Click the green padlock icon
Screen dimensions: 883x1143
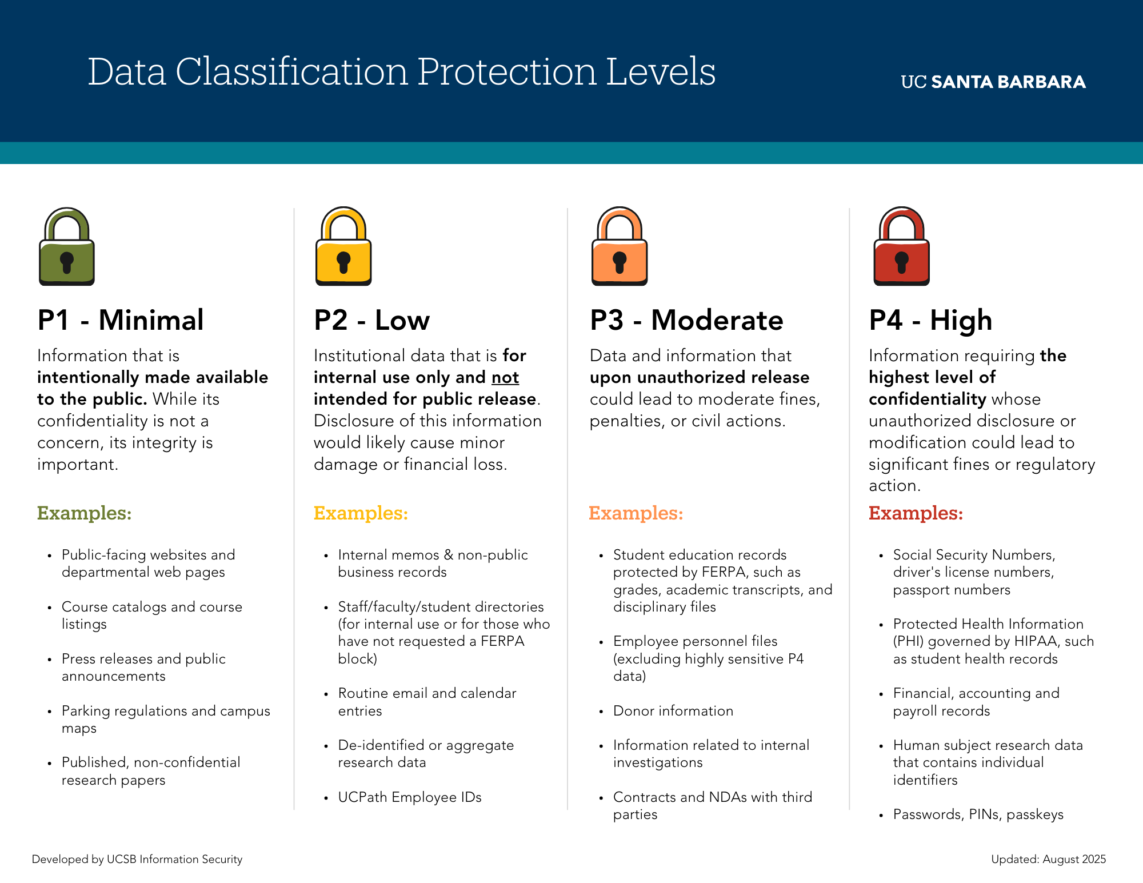tap(67, 247)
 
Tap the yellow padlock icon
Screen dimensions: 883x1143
tap(343, 247)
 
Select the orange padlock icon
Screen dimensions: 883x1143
tap(620, 247)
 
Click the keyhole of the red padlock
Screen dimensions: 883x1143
tap(902, 262)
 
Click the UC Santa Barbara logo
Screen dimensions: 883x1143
tap(993, 82)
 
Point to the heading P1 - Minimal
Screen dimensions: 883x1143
tap(121, 320)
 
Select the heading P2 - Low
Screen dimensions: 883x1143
tap(371, 320)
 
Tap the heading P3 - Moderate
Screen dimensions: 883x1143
tap(686, 320)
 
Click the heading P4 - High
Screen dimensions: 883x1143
tap(930, 320)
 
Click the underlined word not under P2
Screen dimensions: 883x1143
tap(505, 377)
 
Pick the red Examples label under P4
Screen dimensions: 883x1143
tap(916, 513)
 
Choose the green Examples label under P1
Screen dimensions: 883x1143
tap(84, 513)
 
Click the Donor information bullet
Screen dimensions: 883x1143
tap(673, 711)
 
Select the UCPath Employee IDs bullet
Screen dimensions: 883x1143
tap(409, 797)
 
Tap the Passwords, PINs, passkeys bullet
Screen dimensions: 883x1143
tap(978, 814)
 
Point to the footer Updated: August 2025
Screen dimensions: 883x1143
tap(1048, 859)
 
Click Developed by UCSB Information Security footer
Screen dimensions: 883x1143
tap(137, 859)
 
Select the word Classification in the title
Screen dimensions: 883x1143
tap(291, 72)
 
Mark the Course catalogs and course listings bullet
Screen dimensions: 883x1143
tap(151, 615)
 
